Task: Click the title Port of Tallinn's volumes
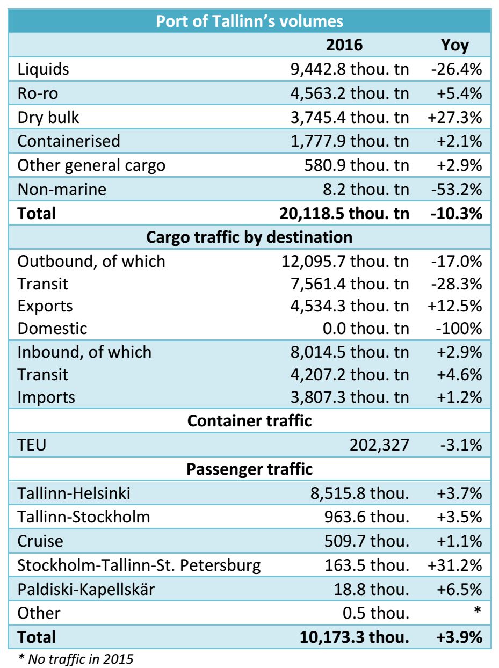click(x=249, y=21)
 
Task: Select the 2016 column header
click(x=344, y=45)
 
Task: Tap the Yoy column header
click(x=454, y=45)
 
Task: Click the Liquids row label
click(x=43, y=69)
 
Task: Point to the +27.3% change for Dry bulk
click(x=454, y=117)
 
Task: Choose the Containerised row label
click(x=69, y=141)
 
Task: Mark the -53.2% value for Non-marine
click(x=456, y=189)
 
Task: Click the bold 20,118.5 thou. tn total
click(x=344, y=213)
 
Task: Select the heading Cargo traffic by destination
click(x=249, y=237)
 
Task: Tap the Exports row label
click(x=45, y=306)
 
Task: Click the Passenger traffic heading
click(x=249, y=469)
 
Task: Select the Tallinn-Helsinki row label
click(x=74, y=493)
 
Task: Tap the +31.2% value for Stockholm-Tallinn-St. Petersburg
click(x=454, y=565)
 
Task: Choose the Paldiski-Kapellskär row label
click(x=86, y=589)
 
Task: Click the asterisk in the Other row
click(x=476, y=611)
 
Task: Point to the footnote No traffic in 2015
click(x=76, y=659)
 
